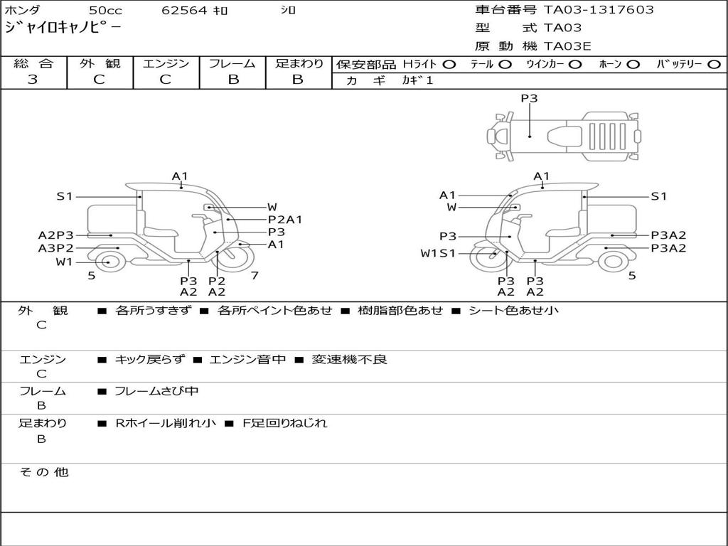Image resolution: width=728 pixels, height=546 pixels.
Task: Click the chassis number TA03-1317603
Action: [599, 10]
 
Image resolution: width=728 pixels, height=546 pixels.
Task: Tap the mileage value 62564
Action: [183, 11]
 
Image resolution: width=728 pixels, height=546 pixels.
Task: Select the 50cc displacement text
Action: [105, 11]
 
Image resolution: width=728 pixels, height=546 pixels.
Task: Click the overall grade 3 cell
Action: [33, 80]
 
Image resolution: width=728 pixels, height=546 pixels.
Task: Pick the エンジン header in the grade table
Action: [166, 64]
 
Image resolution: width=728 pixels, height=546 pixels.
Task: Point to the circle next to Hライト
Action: [449, 65]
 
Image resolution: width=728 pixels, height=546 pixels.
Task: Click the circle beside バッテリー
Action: [714, 65]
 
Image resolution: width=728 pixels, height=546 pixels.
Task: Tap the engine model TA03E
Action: [567, 46]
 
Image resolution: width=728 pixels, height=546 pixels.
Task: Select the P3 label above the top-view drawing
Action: [529, 99]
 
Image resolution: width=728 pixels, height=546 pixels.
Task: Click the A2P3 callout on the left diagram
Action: [55, 235]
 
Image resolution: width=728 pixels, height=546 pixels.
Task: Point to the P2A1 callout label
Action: [284, 220]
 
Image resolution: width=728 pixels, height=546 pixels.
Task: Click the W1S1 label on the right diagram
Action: [438, 253]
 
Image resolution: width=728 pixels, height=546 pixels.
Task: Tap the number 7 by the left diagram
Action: [254, 275]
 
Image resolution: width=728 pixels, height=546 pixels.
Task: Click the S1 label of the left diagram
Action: [65, 196]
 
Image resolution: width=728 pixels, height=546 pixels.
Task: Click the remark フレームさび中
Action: [156, 391]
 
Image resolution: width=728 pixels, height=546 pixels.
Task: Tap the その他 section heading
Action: [43, 472]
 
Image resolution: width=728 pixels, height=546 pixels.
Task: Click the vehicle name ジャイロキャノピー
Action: [63, 28]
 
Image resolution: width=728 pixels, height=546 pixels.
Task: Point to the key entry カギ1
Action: [417, 81]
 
